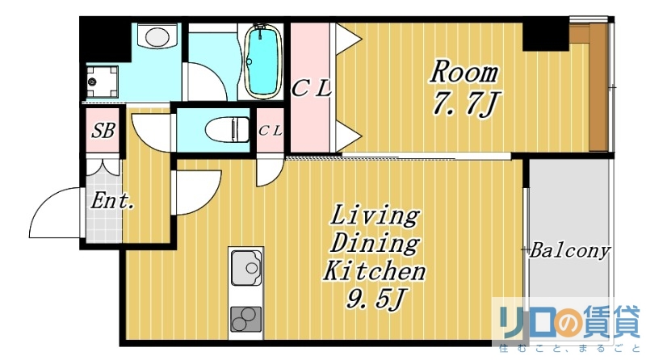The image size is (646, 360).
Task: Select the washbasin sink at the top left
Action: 157,38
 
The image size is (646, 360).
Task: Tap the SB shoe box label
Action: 103,131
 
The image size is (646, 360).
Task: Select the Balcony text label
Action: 569,251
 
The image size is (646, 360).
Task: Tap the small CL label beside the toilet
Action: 270,131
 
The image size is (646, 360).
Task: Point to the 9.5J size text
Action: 375,300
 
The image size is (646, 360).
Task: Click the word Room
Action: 463,72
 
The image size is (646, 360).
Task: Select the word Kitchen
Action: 375,270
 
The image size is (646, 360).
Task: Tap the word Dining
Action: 375,243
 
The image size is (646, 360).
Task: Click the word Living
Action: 375,216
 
